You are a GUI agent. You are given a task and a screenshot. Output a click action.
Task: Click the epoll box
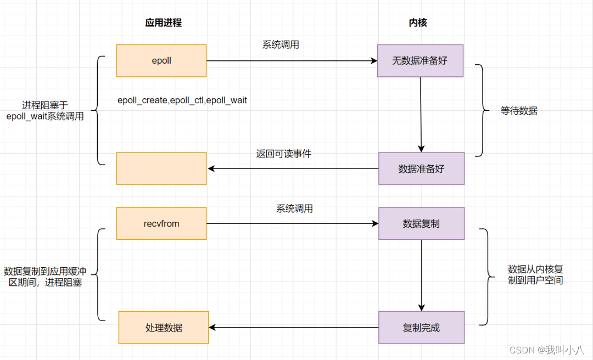(161, 61)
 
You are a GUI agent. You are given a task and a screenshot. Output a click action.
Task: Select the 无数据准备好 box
(420, 61)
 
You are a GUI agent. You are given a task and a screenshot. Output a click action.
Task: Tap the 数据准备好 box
(421, 168)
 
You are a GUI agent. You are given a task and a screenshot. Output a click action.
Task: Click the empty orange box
(161, 168)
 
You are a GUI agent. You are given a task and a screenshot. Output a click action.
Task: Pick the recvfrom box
(161, 223)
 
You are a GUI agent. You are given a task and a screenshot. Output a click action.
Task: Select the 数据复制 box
(421, 223)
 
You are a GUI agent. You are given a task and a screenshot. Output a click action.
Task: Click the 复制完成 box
(421, 328)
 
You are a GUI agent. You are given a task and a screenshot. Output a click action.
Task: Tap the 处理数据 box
(164, 328)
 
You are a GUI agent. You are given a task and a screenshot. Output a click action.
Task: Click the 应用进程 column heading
(163, 22)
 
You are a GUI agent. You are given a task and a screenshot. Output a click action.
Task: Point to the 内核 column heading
(418, 22)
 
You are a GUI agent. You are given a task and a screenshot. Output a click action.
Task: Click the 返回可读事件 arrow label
(283, 154)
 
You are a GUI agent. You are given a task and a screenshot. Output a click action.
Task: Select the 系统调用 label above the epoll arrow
(281, 45)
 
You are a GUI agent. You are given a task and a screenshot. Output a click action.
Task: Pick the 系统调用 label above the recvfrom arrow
(294, 209)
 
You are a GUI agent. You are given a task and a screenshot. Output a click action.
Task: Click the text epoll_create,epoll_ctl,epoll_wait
(182, 100)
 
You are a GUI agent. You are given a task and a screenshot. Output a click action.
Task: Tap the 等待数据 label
(519, 111)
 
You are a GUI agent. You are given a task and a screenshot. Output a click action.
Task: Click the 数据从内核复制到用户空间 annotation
(535, 275)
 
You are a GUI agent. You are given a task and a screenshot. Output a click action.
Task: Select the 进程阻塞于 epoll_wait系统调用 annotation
(45, 111)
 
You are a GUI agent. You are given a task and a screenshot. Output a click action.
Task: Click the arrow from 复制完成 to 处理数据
(293, 328)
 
